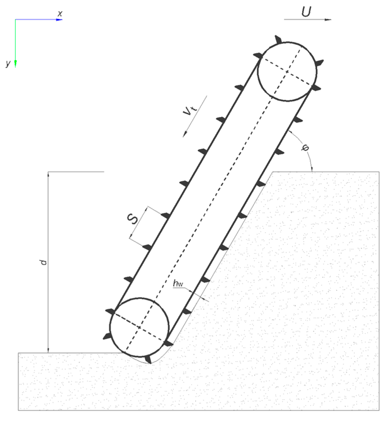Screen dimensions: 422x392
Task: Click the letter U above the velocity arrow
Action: pos(306,12)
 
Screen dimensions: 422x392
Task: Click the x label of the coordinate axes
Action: pos(60,13)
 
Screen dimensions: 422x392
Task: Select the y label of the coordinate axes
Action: pos(8,63)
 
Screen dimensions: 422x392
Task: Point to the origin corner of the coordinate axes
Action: pos(15,20)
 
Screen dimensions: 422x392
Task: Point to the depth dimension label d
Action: pos(43,262)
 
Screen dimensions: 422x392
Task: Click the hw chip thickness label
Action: pos(178,283)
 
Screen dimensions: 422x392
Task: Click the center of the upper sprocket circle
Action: pos(287,72)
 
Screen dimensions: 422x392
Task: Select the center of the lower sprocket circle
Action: pos(139,327)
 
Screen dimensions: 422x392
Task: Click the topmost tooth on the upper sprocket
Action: pos(278,39)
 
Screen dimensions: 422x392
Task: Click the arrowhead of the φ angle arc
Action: pos(312,169)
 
